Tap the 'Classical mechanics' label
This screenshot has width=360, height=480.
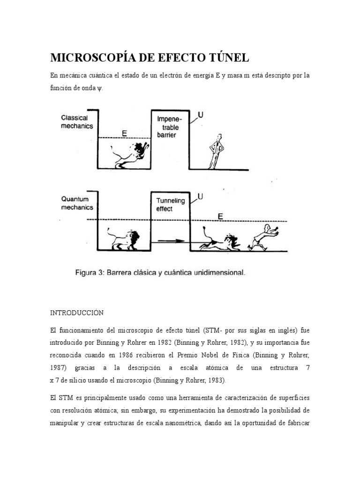pos(76,122)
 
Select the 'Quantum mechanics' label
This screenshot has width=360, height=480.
pos(77,203)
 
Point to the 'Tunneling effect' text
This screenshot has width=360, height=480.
pos(171,205)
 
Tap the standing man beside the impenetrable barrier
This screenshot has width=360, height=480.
pos(216,150)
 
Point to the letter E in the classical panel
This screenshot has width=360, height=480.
pos(124,133)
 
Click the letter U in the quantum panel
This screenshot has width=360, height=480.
pos(200,197)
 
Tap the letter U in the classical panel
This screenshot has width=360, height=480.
pos(200,115)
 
